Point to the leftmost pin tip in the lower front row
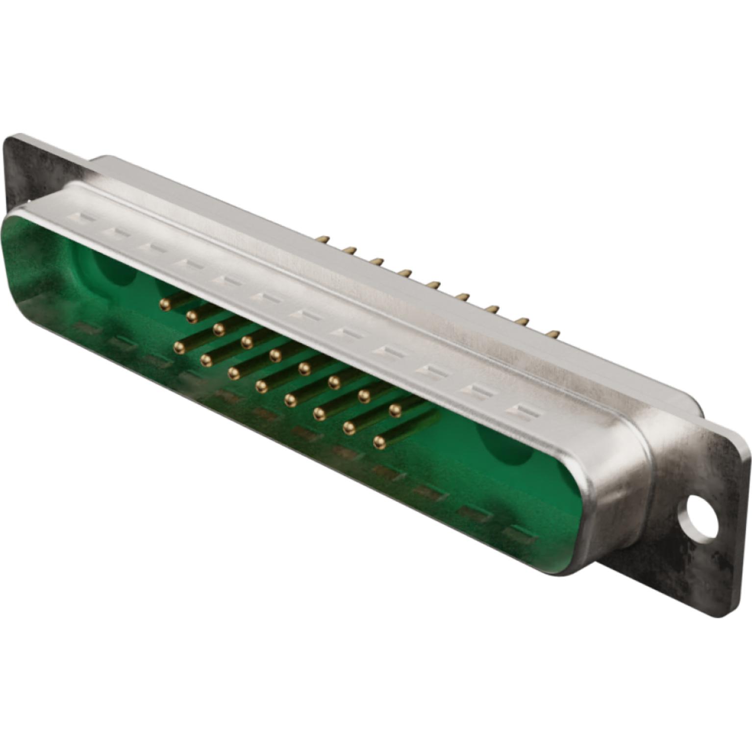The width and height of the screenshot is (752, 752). [x=179, y=348]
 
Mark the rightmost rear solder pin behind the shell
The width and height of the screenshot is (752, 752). [x=554, y=334]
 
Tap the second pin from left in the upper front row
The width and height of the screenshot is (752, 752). [x=192, y=316]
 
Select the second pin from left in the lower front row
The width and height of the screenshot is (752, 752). [x=206, y=360]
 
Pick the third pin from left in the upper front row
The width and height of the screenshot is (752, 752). [x=219, y=327]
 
